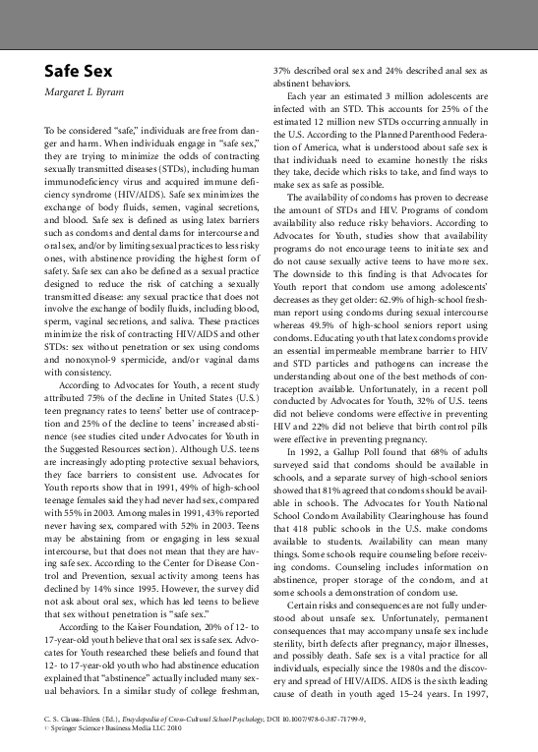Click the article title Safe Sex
point(78,72)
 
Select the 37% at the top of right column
point(282,71)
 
